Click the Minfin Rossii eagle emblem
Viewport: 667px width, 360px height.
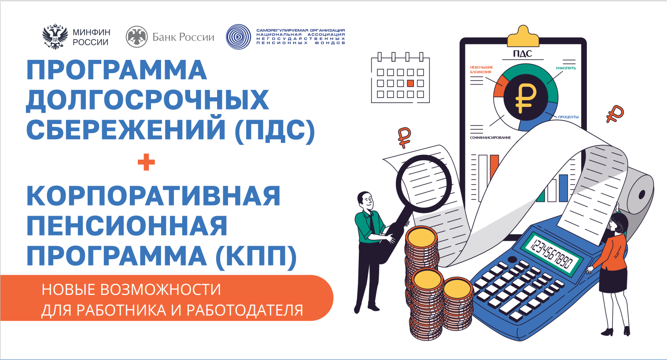55,37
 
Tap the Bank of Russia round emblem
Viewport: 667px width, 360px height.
136,37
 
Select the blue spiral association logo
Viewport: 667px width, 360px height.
238,37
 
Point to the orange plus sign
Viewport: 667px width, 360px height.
146,162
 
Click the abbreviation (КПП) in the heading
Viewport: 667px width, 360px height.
256,256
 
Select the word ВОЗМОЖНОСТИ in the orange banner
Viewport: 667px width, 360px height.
161,290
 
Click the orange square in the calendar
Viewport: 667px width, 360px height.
410,83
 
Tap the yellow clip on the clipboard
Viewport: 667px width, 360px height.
523,37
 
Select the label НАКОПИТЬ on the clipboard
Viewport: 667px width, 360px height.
566,68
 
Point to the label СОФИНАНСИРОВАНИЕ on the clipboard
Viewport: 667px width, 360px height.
490,138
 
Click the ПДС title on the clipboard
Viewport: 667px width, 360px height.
523,54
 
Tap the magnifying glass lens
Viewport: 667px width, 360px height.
424,183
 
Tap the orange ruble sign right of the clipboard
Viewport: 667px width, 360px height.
615,114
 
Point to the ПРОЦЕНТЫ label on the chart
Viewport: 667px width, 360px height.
568,117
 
